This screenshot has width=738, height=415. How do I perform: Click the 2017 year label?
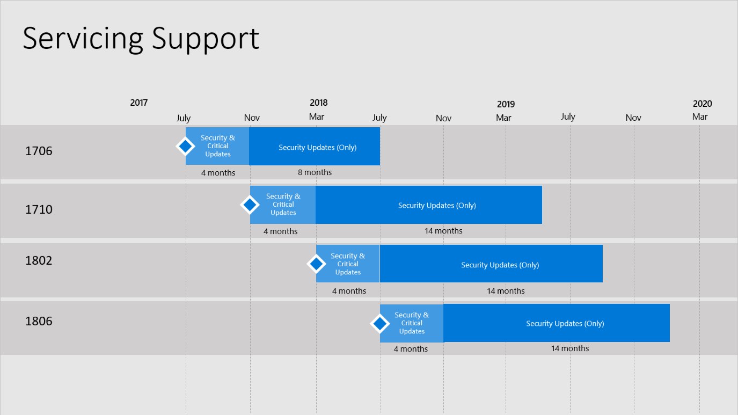pos(138,103)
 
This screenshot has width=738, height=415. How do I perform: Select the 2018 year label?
pos(319,103)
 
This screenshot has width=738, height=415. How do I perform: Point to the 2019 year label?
pos(506,105)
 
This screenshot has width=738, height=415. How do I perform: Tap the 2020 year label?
pos(703,104)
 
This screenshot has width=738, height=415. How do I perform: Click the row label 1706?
pos(39,151)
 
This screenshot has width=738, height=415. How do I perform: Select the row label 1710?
pos(39,209)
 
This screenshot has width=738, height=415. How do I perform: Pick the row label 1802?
pos(39,261)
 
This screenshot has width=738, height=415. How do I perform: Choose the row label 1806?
pos(39,321)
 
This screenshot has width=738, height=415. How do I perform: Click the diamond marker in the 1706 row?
pos(185,147)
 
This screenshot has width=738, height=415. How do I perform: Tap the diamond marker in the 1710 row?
pos(250,205)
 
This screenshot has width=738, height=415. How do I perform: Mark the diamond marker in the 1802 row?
pos(316,264)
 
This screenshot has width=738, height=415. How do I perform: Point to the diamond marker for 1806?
pos(380,324)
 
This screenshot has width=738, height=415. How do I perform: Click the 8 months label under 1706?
pos(315,172)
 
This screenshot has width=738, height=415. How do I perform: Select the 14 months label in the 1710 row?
pos(443,231)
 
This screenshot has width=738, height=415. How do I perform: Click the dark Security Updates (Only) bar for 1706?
pos(315,147)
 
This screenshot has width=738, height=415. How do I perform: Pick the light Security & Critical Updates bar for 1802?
pos(348,264)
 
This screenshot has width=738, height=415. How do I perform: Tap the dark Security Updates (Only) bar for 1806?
pos(557,323)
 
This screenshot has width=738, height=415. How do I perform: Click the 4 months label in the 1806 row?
pos(411,349)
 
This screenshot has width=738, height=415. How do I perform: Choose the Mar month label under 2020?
pos(700,117)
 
